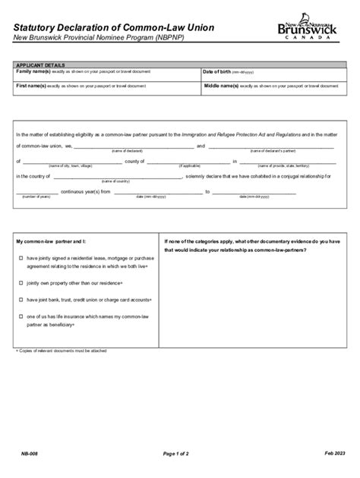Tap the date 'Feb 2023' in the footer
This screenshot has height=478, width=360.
(334, 454)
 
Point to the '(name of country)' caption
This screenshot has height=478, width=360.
(113, 181)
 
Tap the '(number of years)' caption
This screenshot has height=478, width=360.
(36, 197)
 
